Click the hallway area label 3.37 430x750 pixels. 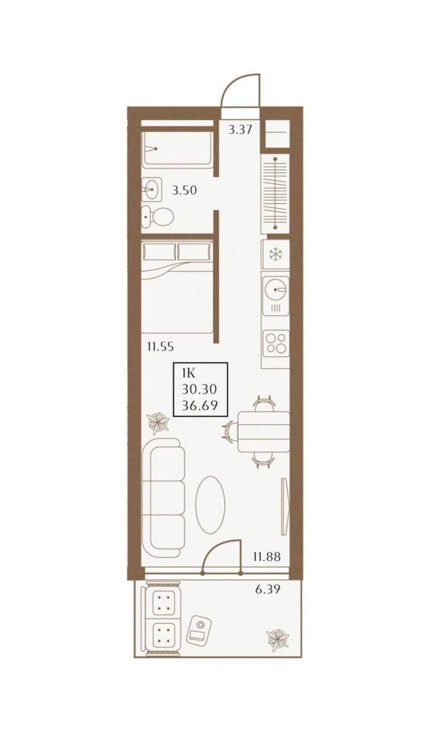(x=240, y=129)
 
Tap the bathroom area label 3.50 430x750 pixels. (x=184, y=190)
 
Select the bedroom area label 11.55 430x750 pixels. (x=160, y=346)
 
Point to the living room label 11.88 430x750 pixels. (x=267, y=557)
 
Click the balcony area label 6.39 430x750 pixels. (x=267, y=589)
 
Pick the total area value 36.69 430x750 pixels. (x=200, y=406)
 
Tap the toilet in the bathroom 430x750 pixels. (x=157, y=217)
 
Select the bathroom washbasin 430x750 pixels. (x=151, y=190)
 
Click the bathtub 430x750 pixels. (x=177, y=149)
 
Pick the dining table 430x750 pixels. (x=263, y=432)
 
